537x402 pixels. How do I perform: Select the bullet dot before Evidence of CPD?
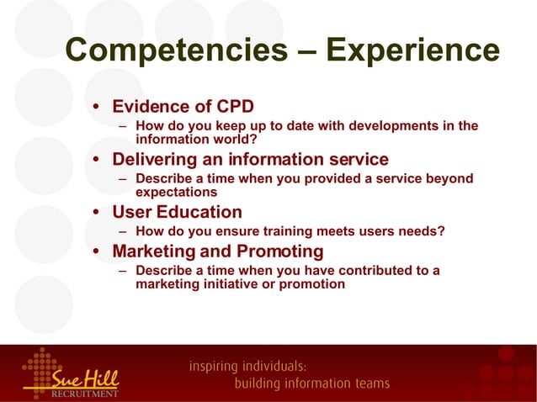(x=98, y=108)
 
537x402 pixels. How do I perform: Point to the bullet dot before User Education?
(x=98, y=213)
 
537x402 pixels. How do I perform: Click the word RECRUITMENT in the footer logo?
(x=85, y=393)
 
